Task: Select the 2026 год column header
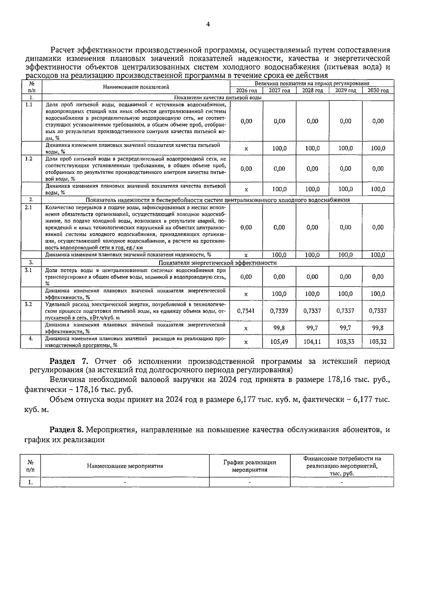click(246, 91)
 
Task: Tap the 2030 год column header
click(378, 91)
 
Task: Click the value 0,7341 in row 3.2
click(246, 311)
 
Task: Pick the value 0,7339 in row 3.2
click(279, 311)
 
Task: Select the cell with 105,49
click(279, 341)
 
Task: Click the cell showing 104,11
click(312, 341)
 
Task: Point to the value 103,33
click(345, 341)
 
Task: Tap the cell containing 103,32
click(378, 341)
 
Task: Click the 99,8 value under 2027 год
click(279, 328)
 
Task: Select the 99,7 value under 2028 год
click(312, 328)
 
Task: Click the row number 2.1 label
click(28, 207)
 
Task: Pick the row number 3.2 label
click(28, 304)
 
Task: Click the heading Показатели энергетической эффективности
click(218, 263)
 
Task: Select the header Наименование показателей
click(136, 87)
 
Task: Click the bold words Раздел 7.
click(71, 361)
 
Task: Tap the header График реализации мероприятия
click(249, 466)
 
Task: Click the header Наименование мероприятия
click(125, 466)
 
